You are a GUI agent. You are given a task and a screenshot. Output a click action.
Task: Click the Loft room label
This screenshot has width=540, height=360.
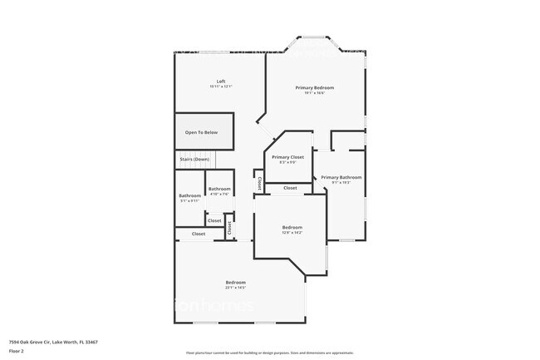(x=220, y=81)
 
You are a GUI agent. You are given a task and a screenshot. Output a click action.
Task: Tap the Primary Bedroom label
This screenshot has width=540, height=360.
(x=315, y=87)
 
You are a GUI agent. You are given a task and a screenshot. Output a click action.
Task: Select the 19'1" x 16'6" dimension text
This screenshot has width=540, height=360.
(x=315, y=93)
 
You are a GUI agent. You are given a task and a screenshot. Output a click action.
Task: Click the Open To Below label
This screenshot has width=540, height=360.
(x=201, y=132)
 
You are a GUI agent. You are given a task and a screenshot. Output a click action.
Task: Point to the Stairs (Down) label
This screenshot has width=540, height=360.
(x=195, y=159)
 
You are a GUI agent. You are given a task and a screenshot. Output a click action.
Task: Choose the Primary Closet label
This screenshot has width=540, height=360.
(x=287, y=157)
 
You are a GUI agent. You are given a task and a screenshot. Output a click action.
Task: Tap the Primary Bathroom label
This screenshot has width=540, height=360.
(x=341, y=177)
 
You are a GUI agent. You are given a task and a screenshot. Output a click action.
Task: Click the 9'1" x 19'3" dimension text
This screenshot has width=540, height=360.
(x=341, y=182)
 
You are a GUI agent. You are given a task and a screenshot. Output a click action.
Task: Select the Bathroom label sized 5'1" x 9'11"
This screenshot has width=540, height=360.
(x=189, y=195)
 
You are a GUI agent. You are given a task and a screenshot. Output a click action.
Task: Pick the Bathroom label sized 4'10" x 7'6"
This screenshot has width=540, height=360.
(x=219, y=189)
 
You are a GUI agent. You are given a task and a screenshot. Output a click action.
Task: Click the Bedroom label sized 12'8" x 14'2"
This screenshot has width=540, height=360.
(x=292, y=227)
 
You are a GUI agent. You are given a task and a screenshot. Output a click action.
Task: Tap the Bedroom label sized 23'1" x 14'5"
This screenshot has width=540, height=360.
(x=236, y=283)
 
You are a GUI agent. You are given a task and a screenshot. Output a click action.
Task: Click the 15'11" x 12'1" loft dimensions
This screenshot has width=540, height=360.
(x=220, y=86)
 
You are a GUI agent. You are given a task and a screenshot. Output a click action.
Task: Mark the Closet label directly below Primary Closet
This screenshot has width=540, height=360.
(x=290, y=188)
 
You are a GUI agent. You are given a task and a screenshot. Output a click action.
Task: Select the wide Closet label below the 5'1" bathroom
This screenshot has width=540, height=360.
(x=199, y=234)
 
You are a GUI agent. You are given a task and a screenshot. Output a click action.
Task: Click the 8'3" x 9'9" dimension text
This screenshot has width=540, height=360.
(x=287, y=162)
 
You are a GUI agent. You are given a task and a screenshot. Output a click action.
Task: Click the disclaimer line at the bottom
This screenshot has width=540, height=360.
(x=269, y=353)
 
